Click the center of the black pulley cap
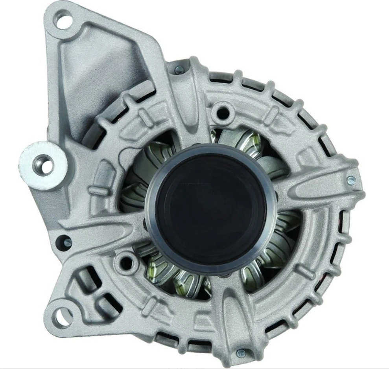pyautogui.click(x=207, y=208)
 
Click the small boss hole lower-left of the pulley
pyautogui.click(x=125, y=261)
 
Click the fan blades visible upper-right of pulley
pyautogui.click(x=252, y=146)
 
